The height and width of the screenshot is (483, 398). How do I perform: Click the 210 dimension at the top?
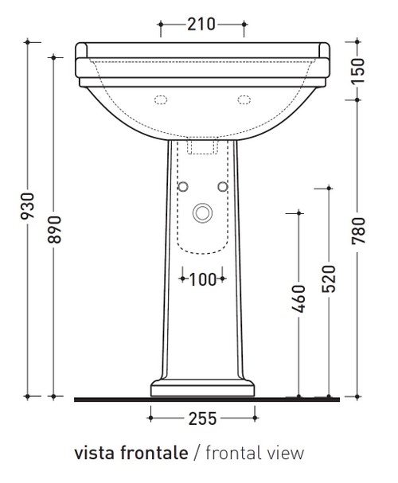point(202,25)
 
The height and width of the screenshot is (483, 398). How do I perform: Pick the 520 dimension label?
point(328,279)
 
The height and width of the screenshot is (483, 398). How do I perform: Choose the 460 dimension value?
point(299,298)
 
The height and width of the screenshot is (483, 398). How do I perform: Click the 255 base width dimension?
point(202,417)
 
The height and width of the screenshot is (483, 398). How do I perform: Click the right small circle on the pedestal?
point(222,186)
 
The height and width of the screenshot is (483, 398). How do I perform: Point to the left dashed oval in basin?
point(163,100)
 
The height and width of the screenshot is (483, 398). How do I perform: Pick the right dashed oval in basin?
point(242,100)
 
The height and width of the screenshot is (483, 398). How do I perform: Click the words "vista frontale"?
point(131,454)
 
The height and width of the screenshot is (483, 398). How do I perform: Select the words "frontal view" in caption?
point(255,454)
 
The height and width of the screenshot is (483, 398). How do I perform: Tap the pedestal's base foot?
point(202,388)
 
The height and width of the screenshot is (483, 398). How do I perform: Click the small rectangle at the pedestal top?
point(203,147)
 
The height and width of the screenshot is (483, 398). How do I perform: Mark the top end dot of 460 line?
point(299,212)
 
